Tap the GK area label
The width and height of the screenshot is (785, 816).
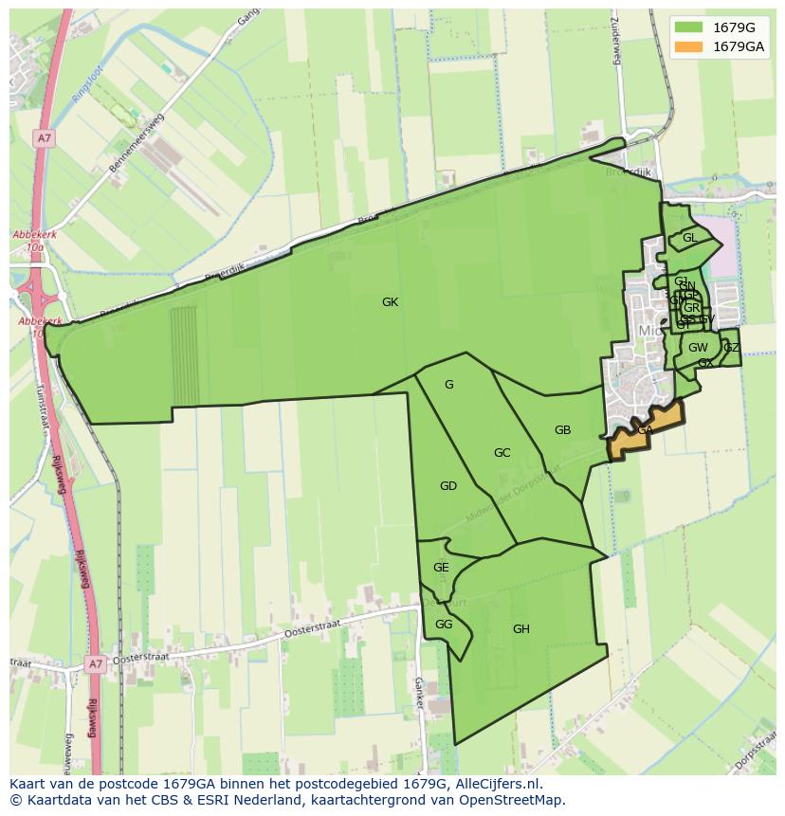point(390,302)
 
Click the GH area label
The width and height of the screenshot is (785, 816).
point(520,629)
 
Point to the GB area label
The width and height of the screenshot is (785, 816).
point(562,430)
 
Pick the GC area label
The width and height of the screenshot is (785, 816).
point(502,453)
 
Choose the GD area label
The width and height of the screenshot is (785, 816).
point(448,486)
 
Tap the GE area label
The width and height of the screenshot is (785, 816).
point(441,568)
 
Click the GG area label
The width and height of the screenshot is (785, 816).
point(444,625)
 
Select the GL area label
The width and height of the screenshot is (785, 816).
point(689,238)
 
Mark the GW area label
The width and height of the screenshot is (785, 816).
point(698,348)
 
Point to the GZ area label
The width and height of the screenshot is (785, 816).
point(731,348)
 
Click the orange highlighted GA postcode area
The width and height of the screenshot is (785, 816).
point(646,431)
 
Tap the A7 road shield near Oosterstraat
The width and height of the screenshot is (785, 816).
point(95,664)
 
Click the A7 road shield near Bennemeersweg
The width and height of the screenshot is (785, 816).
point(45,138)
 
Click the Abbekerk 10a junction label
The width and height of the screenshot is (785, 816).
point(28,241)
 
